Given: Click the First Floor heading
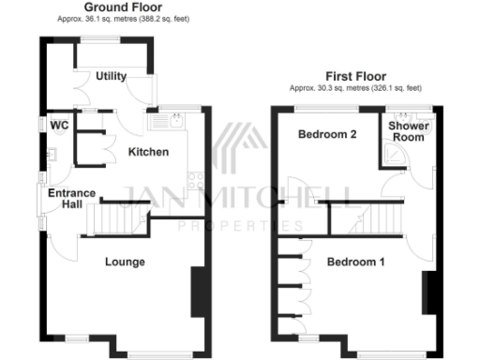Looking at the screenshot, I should click(355, 77).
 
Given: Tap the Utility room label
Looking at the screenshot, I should click(111, 76).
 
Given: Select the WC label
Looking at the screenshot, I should click(59, 125).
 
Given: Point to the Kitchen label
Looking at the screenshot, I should click(147, 151).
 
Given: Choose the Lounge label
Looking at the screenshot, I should click(125, 262).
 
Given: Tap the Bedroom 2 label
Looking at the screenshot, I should click(327, 135).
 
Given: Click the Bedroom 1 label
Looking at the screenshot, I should click(355, 262).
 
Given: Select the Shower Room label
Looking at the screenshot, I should click(407, 130).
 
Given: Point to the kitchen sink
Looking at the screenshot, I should click(174, 119).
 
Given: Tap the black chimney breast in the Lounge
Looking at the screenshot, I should click(198, 292).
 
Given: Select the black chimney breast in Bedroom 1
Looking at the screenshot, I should click(427, 292).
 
